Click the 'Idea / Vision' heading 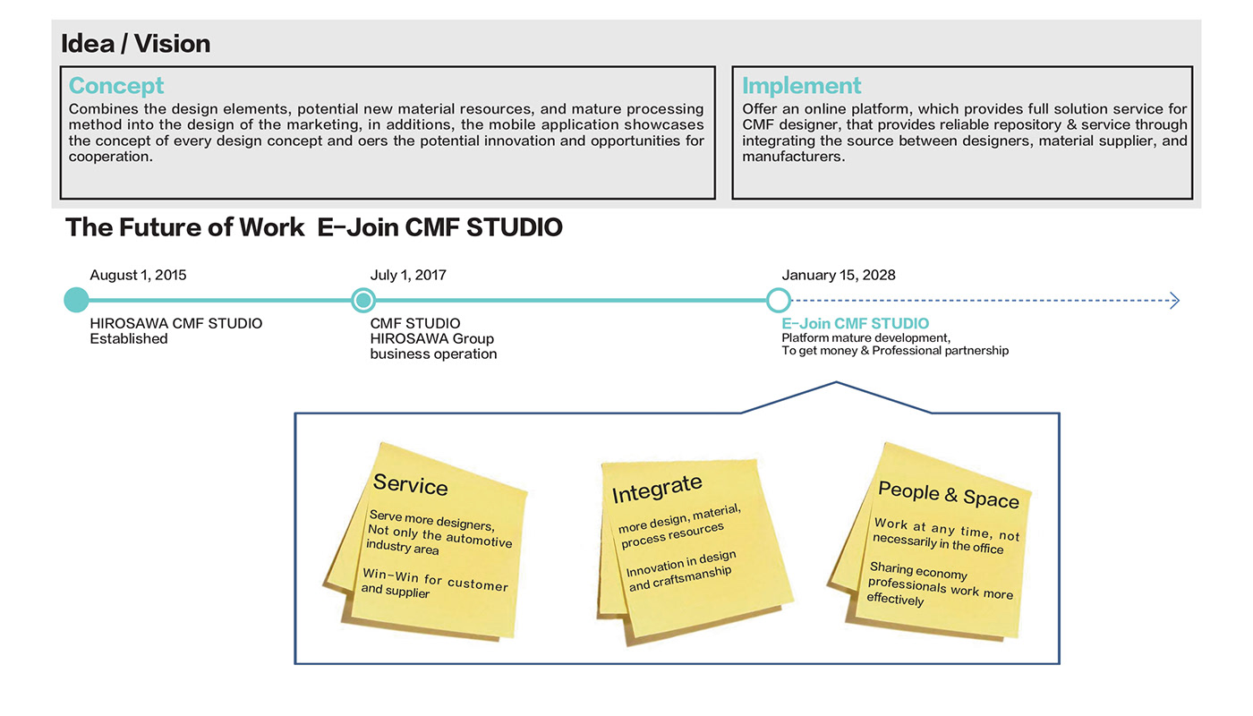point(136,43)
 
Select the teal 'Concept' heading point(116,86)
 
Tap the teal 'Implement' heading point(801,86)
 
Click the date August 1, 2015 point(138,275)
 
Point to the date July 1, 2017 point(408,275)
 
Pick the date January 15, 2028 point(838,275)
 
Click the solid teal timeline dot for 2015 point(77,300)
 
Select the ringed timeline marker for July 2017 point(362,300)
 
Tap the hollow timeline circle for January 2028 point(779,300)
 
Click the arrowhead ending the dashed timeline point(1174,301)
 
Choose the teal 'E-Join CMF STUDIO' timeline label point(855,323)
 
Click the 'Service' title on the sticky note point(410,485)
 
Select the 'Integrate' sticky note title point(657,489)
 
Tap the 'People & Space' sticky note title point(948,493)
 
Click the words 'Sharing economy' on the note point(918,571)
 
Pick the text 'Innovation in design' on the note point(680,565)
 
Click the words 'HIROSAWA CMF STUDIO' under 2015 point(176,323)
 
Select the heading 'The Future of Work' point(185,227)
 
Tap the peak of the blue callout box point(836,383)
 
